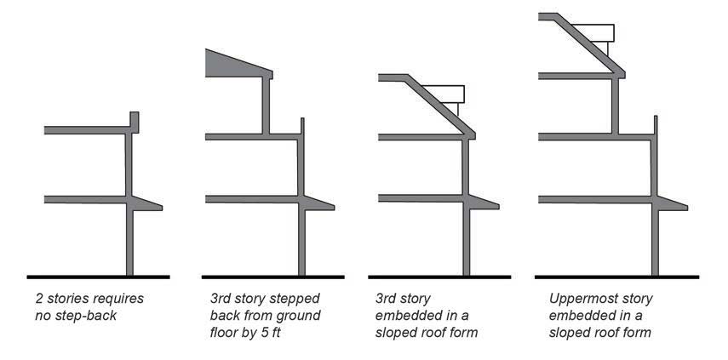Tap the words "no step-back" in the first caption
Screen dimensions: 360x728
coord(74,316)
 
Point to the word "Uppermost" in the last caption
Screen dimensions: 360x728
coord(580,300)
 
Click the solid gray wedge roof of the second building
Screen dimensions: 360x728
coord(230,65)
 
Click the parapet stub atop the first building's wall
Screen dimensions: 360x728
coord(135,121)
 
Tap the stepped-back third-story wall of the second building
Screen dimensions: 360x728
coord(267,106)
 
